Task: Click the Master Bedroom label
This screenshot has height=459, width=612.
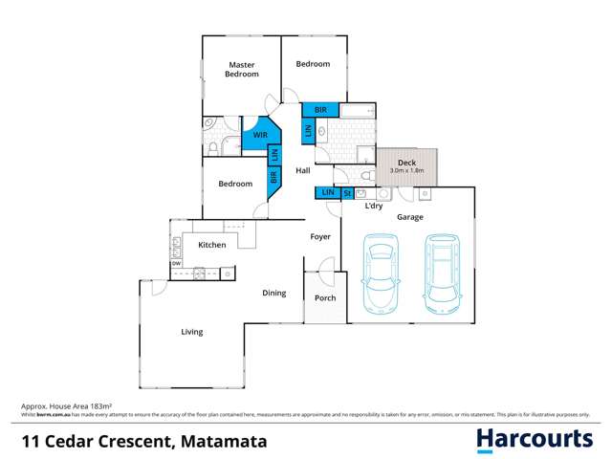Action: (x=241, y=69)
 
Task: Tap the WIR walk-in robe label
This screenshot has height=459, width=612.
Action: (x=260, y=136)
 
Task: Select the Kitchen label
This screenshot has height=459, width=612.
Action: (x=212, y=245)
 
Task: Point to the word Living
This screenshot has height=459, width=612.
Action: (x=192, y=332)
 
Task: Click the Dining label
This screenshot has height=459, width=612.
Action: (x=274, y=293)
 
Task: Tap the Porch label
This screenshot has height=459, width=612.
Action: (x=325, y=297)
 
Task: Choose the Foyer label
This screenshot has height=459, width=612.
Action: (x=319, y=236)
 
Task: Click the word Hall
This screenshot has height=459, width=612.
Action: (x=303, y=170)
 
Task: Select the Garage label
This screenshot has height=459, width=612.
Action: (x=411, y=217)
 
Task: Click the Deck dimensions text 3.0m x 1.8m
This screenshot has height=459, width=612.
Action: (x=408, y=170)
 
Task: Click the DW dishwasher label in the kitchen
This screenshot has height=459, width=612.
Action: (x=176, y=263)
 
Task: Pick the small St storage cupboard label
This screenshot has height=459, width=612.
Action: (x=347, y=193)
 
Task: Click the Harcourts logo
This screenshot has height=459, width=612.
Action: (x=535, y=440)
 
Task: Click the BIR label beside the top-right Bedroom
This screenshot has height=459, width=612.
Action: (x=320, y=110)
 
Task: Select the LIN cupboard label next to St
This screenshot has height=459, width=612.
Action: (x=327, y=193)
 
